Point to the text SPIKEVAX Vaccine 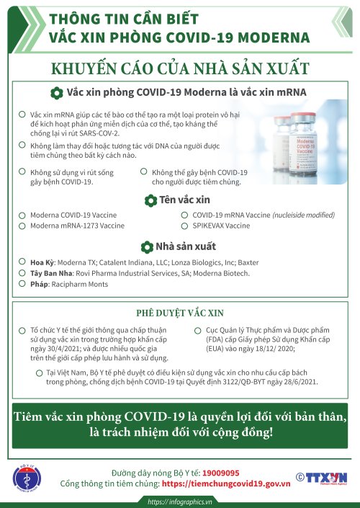(221, 226)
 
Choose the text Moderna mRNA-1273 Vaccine (77, 226)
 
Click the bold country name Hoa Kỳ (42, 262)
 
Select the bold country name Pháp (39, 285)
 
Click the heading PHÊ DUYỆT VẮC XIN (180, 313)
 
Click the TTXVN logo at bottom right (321, 477)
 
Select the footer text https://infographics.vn (180, 502)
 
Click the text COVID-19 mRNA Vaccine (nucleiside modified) (264, 215)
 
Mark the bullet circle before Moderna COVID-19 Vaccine (22, 215)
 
